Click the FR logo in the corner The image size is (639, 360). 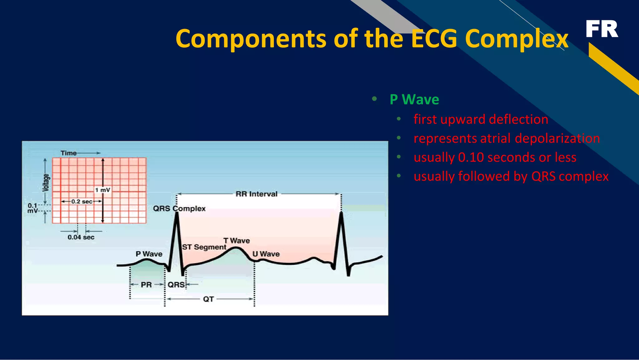point(602,29)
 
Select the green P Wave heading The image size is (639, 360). point(414,100)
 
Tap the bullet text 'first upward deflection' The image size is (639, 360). point(480,119)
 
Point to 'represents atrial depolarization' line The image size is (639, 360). point(506,138)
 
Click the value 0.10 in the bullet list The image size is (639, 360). point(471,157)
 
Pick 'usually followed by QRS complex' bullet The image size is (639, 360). point(511,176)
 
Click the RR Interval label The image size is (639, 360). point(256,194)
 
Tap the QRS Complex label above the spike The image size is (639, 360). point(179,209)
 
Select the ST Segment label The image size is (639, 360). point(204,247)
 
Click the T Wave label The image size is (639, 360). point(237,241)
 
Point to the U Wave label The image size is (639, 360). point(266,254)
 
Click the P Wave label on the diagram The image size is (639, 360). point(149,254)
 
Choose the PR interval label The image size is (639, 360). point(146,285)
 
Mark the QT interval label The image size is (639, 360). point(208,299)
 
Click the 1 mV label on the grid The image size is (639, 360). point(103,190)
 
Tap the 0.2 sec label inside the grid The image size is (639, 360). point(82,202)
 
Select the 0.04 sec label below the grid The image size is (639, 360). point(81,237)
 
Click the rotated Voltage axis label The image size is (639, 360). point(46,183)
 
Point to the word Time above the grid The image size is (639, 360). point(69,153)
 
